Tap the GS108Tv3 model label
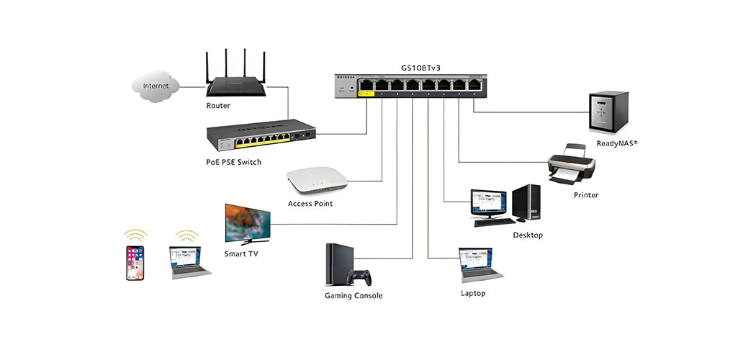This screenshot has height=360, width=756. (x=420, y=68)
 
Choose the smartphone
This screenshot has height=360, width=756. (x=135, y=263)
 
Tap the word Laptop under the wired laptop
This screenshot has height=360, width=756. (x=473, y=293)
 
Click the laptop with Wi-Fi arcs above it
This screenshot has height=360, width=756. (x=189, y=262)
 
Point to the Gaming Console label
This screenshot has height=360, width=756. (x=354, y=296)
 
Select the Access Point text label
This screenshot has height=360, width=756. (x=310, y=204)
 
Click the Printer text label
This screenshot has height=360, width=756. (x=585, y=195)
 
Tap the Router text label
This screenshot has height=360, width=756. (x=217, y=105)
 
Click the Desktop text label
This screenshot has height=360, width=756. (x=528, y=235)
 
